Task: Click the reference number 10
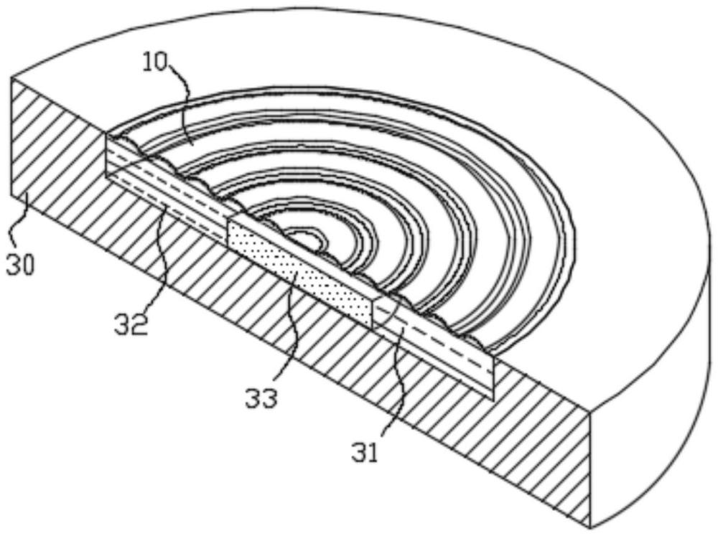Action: click(155, 62)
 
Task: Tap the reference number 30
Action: click(20, 265)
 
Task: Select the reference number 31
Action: click(365, 451)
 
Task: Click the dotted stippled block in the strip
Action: click(300, 273)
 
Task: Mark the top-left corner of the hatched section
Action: click(11, 77)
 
